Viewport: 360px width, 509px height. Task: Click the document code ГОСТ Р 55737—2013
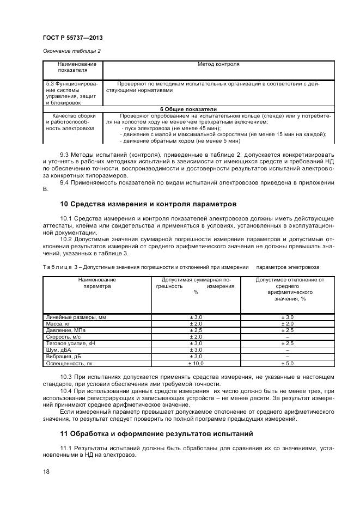pos(72,38)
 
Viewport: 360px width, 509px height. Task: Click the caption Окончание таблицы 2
pos(71,51)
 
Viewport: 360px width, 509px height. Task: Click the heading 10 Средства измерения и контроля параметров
pos(148,205)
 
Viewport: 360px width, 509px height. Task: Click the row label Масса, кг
pos(56,323)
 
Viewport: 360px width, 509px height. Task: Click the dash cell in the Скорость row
pos(287,336)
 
